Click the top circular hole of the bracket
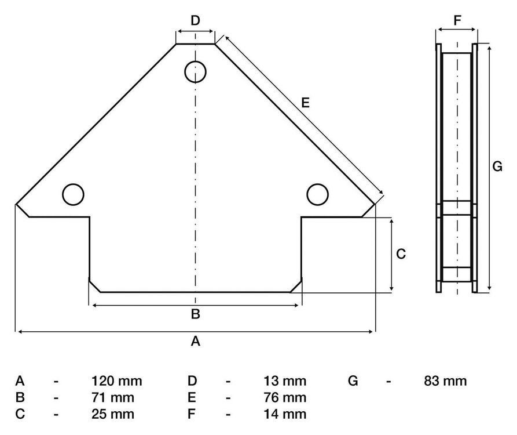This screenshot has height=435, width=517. coord(195,72)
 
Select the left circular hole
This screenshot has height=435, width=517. coord(73,194)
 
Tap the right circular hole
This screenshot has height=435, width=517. coord(317,194)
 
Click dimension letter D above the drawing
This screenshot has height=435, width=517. coord(195,20)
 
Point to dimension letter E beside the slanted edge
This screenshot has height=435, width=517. coord(305,103)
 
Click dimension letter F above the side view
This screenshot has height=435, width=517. coord(457,20)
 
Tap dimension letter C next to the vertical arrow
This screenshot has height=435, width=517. coord(401,254)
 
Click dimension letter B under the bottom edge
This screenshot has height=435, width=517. coord(195,314)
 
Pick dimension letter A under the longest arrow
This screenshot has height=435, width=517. coord(195,341)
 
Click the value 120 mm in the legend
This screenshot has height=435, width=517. coord(117,381)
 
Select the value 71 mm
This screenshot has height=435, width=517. coord(113,397)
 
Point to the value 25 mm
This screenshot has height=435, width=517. coord(113,414)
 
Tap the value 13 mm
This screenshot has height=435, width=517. coord(285,381)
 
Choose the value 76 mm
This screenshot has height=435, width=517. coord(285,397)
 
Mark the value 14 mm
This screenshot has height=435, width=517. coord(285,414)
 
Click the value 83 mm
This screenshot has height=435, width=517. coord(445,381)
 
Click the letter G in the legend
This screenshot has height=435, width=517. coord(353,381)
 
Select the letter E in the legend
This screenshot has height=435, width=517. coord(192,397)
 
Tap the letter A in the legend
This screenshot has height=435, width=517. coord(20,381)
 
